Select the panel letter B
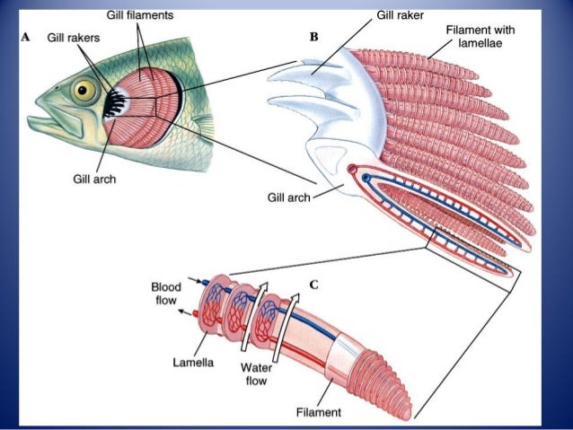click(313, 38)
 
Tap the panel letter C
click(313, 285)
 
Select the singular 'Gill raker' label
click(400, 15)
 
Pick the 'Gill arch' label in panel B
click(287, 197)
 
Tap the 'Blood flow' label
click(166, 293)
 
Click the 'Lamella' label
click(192, 364)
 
